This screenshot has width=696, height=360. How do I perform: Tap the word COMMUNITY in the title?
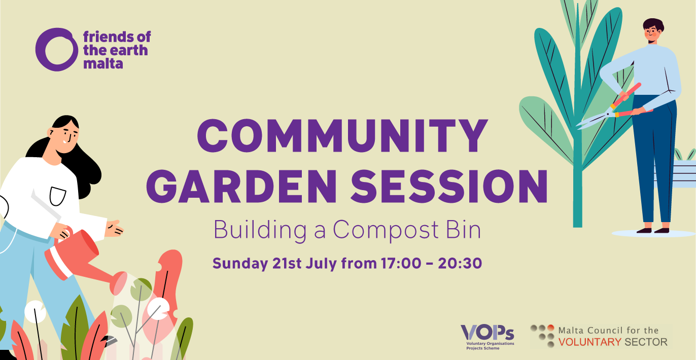coord(342,136)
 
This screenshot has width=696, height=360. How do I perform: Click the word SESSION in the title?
coord(449,186)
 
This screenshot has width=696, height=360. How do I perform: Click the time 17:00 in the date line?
coord(401,263)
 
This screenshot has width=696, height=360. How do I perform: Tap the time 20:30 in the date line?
coord(460,263)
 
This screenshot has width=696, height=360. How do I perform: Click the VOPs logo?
coord(488,337)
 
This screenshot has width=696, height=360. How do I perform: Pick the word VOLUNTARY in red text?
coord(590,342)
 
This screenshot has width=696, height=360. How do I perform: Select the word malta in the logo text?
coord(103,64)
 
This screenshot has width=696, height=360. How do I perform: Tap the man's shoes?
coord(652,231)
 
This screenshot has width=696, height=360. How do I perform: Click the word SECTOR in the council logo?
coord(646,342)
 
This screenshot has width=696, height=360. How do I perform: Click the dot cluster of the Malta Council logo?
coord(542,336)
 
